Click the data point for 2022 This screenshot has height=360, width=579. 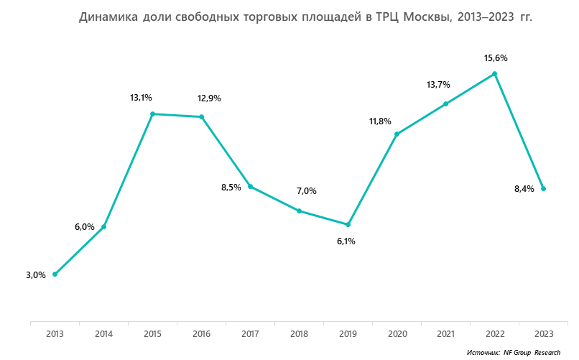pos(494,73)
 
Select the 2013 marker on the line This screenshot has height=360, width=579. pos(55,274)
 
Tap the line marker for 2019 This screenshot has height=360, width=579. pos(348,225)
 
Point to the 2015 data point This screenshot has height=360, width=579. pos(152,114)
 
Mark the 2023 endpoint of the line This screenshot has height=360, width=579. pos(543,189)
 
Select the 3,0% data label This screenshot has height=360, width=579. pos(36,274)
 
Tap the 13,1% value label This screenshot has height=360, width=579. pos(141,98)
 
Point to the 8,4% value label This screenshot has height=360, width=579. pos(524,190)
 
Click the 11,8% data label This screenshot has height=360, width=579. pos(380,121)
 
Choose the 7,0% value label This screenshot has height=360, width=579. pos(306,191)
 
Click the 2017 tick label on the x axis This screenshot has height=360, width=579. pos(250,333)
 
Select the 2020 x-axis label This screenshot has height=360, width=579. pos(397,333)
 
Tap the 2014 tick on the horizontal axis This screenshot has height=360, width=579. pos(103,333)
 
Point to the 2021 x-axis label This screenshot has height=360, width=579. pos(445,333)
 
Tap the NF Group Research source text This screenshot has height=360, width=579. pos(532,353)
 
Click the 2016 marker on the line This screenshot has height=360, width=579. pos(201,116)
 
